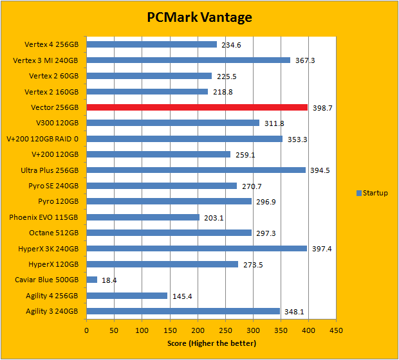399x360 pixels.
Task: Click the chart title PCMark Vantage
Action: click(199, 17)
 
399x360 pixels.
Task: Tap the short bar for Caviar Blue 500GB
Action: click(91, 280)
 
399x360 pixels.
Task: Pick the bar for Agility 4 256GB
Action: click(127, 296)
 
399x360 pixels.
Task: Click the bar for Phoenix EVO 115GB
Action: click(143, 217)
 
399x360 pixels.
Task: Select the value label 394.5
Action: click(319, 170)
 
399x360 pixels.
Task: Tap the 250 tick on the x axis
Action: click(225, 331)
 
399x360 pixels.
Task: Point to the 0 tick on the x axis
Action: click(87, 331)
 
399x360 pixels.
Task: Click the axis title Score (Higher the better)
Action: click(211, 343)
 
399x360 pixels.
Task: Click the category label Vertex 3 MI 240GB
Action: click(46, 60)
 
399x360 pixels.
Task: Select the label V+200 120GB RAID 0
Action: click(44, 139)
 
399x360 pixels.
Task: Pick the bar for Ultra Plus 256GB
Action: click(196, 170)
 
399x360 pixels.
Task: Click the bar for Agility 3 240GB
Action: click(183, 311)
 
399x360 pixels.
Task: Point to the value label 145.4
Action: click(183, 296)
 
